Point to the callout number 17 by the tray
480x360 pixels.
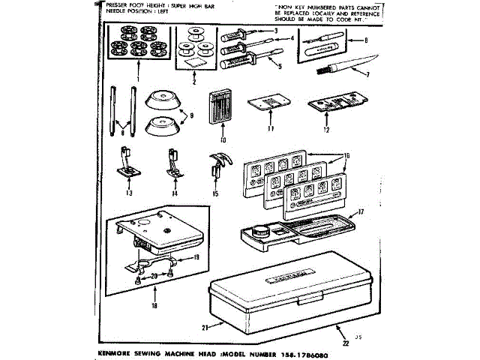[361, 211]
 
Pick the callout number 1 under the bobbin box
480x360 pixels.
[139, 77]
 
